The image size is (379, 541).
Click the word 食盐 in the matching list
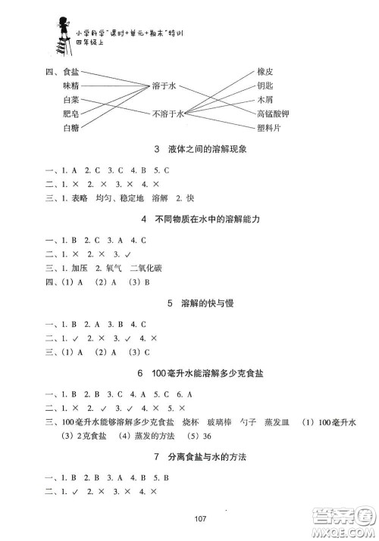pos(72,73)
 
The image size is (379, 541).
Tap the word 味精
pos(72,87)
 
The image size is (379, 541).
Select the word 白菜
pos(72,101)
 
